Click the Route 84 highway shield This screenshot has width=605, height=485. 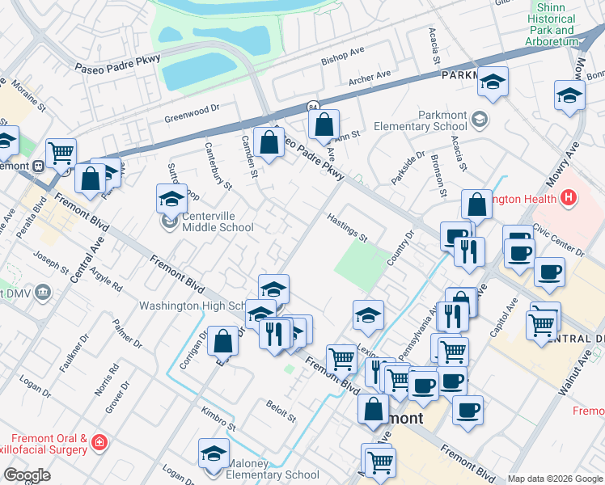[312, 106]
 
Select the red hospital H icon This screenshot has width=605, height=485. [569, 197]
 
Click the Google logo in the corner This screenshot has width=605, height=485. [27, 474]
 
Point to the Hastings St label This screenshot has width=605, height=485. [347, 227]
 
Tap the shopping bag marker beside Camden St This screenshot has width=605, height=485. [269, 143]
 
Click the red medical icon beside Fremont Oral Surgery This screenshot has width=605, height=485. [99, 442]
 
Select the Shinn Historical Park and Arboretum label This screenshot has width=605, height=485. [551, 24]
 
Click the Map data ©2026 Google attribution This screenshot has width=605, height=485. [555, 479]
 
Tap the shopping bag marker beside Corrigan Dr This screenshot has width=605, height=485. [222, 341]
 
